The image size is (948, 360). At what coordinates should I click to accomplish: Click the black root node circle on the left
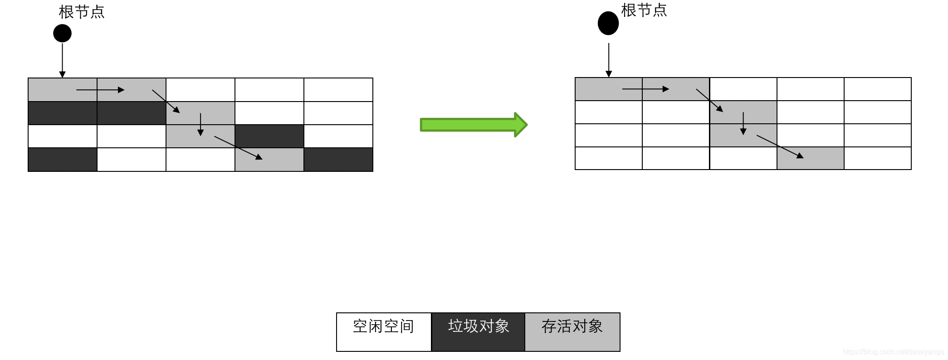63,33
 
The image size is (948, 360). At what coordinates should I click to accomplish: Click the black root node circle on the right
608,23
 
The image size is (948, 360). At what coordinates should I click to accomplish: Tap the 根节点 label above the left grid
82,12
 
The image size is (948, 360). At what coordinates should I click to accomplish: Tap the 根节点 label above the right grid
644,10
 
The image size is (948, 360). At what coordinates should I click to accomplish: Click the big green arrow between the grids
474,125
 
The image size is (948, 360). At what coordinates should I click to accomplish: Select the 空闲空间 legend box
384,331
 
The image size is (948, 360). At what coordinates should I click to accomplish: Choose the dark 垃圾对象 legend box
479,331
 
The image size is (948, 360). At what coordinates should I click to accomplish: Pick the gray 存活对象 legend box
572,331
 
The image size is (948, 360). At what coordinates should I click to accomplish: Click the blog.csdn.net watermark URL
893,352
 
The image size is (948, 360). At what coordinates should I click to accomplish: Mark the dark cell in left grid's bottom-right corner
338,160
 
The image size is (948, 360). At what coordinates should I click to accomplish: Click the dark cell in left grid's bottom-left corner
63,160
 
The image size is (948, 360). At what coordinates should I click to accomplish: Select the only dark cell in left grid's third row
269,136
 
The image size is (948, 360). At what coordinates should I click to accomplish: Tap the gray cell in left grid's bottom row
269,160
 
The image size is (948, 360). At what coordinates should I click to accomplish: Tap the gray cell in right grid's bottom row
811,158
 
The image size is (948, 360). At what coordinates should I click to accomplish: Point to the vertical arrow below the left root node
63,60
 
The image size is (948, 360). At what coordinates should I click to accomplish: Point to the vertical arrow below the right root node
609,60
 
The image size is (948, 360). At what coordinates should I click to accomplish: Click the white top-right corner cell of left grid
338,90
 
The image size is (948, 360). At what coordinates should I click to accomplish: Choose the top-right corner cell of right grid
878,89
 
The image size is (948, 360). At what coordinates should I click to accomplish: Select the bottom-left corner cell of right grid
609,158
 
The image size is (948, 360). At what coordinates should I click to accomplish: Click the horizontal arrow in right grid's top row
645,89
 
